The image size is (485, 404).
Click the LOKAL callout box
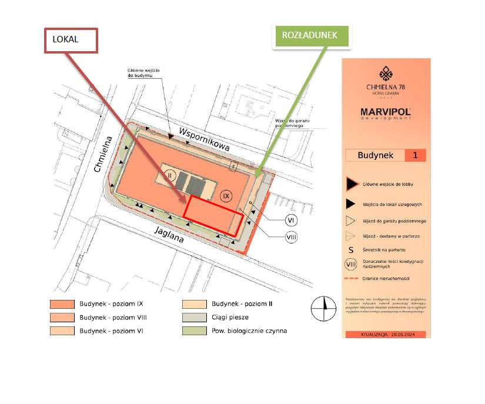point(70,40)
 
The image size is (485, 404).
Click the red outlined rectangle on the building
point(212,215)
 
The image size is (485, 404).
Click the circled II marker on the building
point(170,174)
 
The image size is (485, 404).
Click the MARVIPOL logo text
point(386,111)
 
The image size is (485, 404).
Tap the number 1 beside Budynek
point(415,156)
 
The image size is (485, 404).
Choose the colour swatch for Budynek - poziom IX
point(62,305)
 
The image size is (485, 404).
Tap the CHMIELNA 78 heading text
point(386,88)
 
